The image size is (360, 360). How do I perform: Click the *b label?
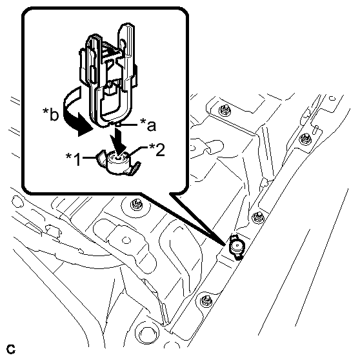tap(51, 114)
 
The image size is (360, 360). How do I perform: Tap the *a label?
tap(148, 125)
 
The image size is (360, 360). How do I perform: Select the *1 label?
tap(74, 159)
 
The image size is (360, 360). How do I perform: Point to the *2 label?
tap(157, 150)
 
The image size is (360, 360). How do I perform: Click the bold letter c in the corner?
tap(10, 349)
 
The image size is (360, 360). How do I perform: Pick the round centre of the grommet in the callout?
tap(118, 158)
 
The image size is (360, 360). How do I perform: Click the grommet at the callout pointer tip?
tap(237, 247)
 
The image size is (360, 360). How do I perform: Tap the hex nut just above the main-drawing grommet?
tap(257, 217)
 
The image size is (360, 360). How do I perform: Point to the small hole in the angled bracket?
tap(125, 241)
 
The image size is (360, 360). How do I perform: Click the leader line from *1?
tap(88, 157)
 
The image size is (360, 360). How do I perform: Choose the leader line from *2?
tap(137, 150)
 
